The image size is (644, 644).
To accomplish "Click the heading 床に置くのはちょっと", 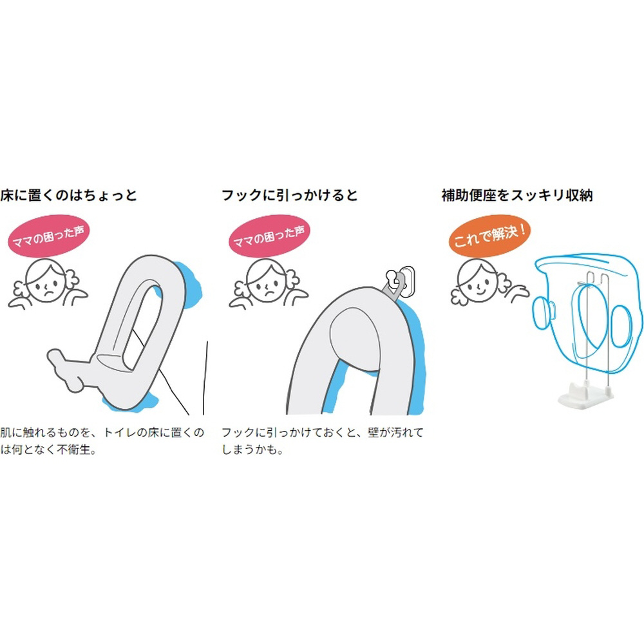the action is coord(68,195).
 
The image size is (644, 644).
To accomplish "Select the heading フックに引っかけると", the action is coord(290,195).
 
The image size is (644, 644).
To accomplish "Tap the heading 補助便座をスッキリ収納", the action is coord(517,195).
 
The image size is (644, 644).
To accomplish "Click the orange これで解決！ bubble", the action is coord(489,236).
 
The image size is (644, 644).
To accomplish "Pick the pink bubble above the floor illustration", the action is coord(48,236).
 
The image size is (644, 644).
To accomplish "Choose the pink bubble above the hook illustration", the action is coord(269,236).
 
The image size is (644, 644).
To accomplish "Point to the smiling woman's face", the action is coord(477,281).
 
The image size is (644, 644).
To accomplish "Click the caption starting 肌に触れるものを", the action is coord(102,440).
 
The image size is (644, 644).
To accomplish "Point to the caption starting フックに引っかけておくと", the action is coord(323,440).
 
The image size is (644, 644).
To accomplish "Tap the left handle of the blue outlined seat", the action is coord(544,312).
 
